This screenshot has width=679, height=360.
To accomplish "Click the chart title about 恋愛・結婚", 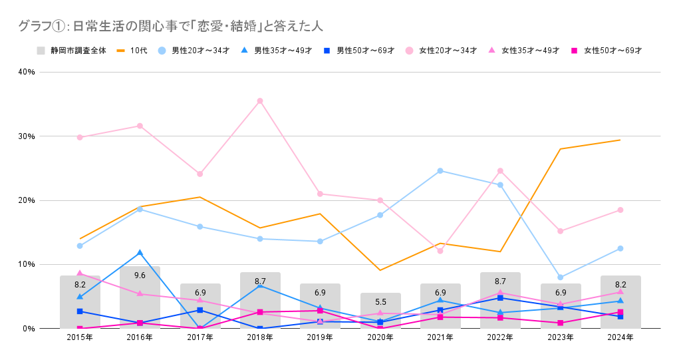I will [x=170, y=27].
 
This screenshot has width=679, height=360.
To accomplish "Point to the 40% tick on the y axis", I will [x=26, y=72].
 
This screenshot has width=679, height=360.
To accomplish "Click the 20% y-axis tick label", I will [x=26, y=200].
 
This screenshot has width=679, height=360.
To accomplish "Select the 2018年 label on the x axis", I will [x=260, y=338].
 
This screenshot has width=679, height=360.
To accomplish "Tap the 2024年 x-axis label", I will [x=620, y=338].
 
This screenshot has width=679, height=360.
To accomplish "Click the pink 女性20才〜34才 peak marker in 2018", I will [x=260, y=101].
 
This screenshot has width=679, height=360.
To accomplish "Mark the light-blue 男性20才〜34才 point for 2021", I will [x=440, y=171].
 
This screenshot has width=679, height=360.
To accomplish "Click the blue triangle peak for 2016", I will [x=140, y=253].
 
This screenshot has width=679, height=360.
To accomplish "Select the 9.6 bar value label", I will [x=140, y=275].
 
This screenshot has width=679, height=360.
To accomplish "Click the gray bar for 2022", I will [x=500, y=313].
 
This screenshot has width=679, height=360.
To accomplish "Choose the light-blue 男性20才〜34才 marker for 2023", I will [x=561, y=277].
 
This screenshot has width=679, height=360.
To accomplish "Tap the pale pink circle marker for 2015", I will [x=80, y=138].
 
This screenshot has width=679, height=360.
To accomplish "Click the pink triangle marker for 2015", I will [x=80, y=273].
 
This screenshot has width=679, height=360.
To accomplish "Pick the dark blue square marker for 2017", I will [x=200, y=310].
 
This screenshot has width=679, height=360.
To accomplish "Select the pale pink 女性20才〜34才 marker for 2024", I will [x=620, y=210].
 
